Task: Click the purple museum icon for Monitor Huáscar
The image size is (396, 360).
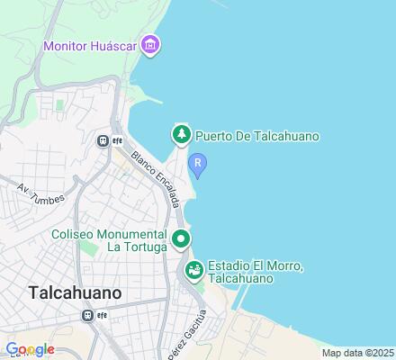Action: [150, 45]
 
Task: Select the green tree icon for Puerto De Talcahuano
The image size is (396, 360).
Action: [181, 135]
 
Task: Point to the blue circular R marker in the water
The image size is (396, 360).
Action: [198, 164]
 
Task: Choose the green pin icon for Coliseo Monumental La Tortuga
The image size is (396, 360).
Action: [181, 238]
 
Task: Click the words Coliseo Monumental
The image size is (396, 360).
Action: [109, 233]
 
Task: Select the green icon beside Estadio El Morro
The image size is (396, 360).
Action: [193, 269]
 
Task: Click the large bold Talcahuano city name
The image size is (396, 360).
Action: [76, 293]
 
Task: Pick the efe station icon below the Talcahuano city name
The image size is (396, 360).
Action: [88, 315]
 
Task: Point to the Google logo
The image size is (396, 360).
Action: [30, 349]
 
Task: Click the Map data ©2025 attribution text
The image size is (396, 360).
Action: [358, 353]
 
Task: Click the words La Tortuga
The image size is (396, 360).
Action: [135, 247]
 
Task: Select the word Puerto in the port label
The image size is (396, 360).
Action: [214, 136]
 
